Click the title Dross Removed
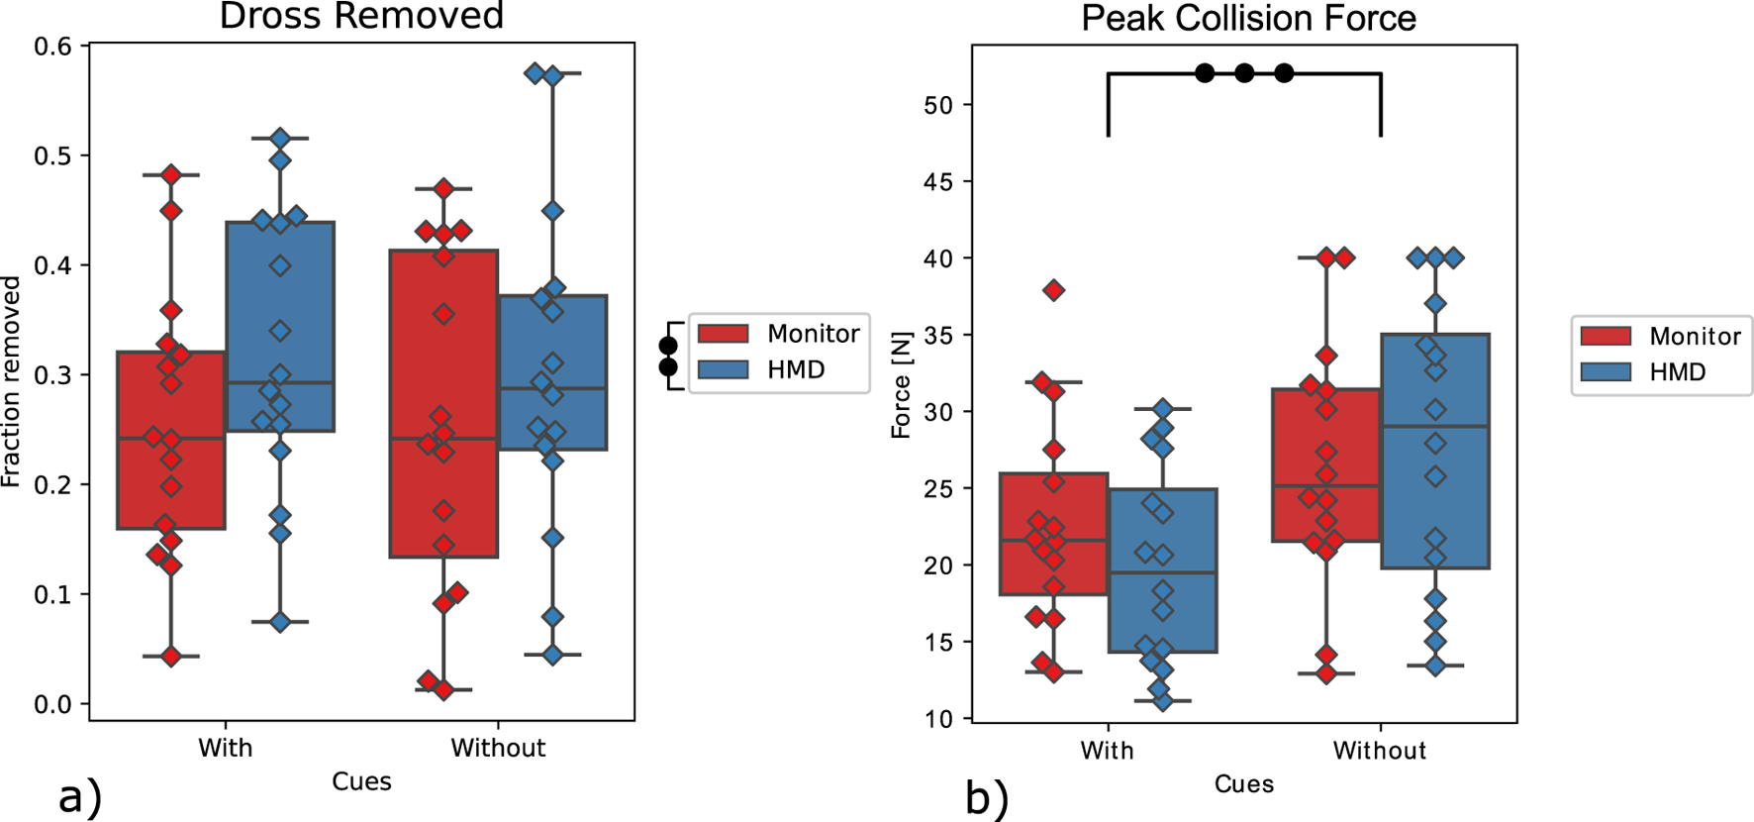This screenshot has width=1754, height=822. [361, 16]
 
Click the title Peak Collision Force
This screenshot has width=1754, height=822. [1248, 18]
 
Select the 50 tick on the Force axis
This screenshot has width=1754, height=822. [938, 105]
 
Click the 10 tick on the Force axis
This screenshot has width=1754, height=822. [938, 719]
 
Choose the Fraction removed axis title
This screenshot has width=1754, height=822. [11, 381]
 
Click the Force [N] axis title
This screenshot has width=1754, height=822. [901, 385]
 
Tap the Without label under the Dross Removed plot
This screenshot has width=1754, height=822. [498, 748]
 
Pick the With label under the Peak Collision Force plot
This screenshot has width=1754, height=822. [1107, 751]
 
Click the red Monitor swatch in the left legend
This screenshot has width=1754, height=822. [723, 334]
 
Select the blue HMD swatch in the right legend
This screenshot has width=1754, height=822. [1605, 372]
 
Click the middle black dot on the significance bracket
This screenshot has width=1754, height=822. [1244, 73]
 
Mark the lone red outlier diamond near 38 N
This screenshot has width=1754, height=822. [1054, 290]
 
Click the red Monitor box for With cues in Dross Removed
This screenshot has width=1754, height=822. [171, 440]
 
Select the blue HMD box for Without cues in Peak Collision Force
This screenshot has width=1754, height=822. [1435, 451]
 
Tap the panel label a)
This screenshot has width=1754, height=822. [80, 796]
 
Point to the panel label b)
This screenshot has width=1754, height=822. [987, 798]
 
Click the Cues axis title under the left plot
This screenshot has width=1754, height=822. [361, 781]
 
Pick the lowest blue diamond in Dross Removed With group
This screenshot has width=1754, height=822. [280, 622]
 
